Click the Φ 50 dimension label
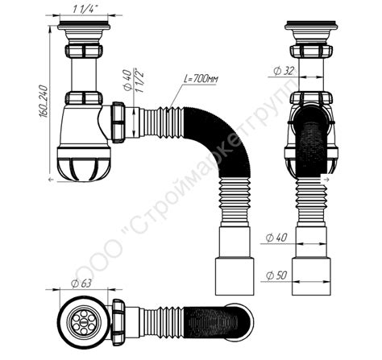[x=275, y=276]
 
